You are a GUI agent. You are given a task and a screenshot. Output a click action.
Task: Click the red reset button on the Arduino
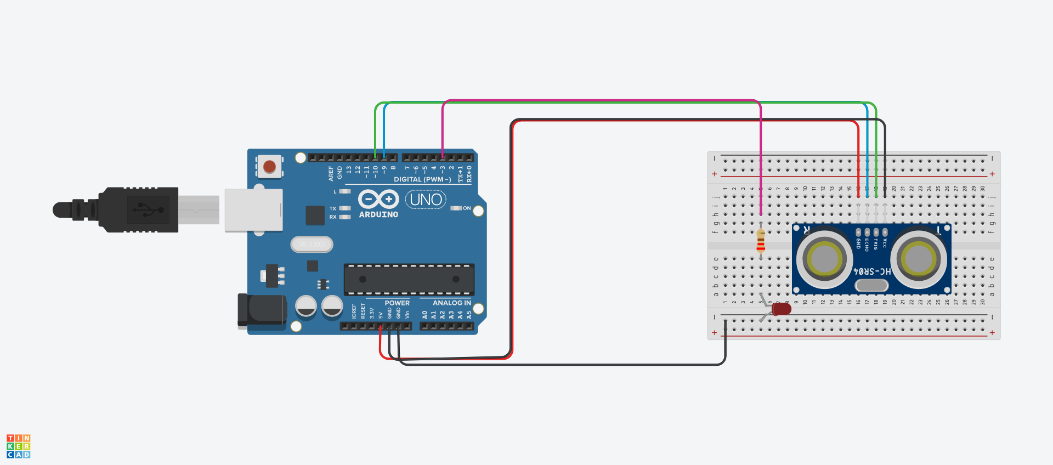(x=269, y=166)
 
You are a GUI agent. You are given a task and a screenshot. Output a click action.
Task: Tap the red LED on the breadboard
(x=781, y=309)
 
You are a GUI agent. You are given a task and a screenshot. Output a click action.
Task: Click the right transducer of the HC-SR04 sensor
(x=919, y=258)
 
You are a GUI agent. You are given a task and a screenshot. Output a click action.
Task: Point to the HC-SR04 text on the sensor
(x=872, y=271)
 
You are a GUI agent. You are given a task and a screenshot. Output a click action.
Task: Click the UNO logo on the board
(x=426, y=200)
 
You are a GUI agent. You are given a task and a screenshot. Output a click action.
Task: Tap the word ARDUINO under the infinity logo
(x=378, y=215)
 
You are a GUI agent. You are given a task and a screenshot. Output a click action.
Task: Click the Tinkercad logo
(x=18, y=446)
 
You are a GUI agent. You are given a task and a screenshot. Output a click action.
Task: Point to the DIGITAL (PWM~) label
(x=422, y=179)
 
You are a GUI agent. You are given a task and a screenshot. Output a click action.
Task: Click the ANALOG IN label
(x=451, y=303)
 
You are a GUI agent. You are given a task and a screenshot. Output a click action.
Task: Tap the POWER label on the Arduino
(x=397, y=303)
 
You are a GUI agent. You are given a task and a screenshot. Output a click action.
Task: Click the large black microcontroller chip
(x=409, y=279)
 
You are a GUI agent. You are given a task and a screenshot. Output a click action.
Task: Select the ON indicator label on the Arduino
(x=466, y=208)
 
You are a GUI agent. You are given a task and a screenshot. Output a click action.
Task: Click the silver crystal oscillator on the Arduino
(x=312, y=244)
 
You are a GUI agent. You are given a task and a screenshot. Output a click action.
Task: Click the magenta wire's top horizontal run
(x=603, y=100)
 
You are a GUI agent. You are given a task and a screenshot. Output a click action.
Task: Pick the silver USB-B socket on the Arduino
(x=253, y=210)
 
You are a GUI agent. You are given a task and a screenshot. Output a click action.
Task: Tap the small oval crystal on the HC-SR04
(x=871, y=285)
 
